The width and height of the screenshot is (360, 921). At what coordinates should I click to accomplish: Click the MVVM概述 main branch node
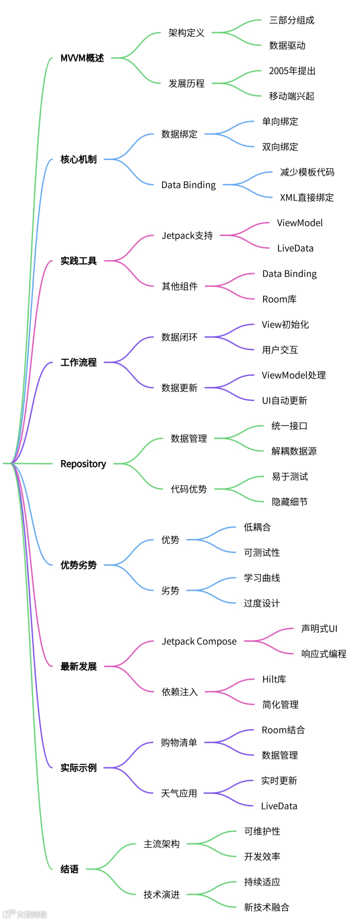82,58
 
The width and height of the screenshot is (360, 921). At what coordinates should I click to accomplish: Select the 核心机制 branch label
78,159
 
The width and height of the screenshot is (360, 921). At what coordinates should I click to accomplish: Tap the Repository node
83,464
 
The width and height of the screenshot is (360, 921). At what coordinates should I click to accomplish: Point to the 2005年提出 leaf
292,71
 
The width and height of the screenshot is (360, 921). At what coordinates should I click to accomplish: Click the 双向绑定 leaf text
280,147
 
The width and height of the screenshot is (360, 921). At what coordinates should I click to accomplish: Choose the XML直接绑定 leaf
306,197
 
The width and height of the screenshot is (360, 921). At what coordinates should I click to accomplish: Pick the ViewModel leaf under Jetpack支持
300,223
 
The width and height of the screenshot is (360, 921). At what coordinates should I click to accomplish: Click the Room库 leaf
279,299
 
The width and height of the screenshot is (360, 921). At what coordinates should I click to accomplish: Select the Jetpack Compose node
199,642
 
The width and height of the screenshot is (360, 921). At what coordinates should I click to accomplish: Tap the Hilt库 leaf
274,679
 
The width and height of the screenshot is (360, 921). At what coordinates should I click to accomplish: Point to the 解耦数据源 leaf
294,451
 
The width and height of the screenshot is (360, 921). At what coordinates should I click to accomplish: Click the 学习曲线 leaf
262,578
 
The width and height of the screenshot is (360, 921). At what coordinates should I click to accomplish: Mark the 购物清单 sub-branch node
179,743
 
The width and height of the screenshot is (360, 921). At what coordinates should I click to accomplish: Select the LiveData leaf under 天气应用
279,806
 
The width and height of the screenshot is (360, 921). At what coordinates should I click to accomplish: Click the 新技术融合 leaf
266,907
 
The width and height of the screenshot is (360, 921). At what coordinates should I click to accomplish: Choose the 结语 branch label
69,869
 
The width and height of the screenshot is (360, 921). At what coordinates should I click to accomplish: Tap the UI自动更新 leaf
284,401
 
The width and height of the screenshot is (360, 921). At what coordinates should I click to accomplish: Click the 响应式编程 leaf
324,654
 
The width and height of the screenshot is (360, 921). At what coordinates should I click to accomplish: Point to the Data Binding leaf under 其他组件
289,274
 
